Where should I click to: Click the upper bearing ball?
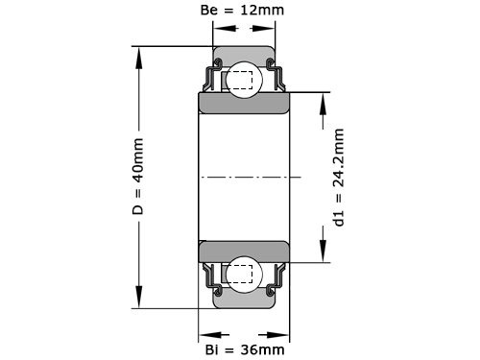coord(240,82)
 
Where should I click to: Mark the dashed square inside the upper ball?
coord(241,81)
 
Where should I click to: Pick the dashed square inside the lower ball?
coord(241,275)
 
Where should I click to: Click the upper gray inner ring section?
coord(245,104)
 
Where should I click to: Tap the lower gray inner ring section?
coord(245,252)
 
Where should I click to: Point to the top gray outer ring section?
coord(245,56)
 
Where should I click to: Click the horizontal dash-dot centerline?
coord(250,178)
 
